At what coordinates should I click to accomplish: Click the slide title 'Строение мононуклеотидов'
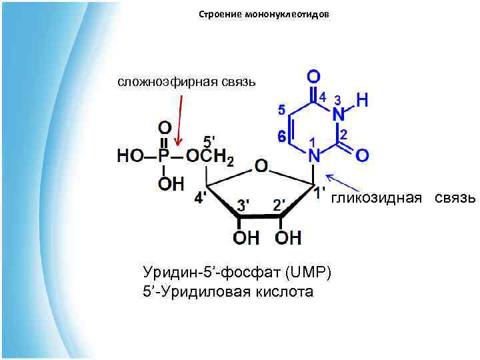click(263, 14)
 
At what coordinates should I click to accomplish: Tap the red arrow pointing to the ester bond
click(179, 120)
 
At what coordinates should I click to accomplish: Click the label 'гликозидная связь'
click(404, 197)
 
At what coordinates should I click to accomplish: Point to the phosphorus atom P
click(164, 155)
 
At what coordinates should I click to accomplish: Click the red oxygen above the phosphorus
click(164, 127)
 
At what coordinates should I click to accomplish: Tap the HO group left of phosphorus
click(131, 155)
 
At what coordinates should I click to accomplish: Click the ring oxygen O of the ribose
click(261, 165)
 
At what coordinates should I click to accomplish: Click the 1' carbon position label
click(320, 191)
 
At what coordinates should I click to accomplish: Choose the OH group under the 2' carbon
click(288, 237)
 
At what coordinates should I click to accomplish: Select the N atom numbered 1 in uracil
click(314, 155)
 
